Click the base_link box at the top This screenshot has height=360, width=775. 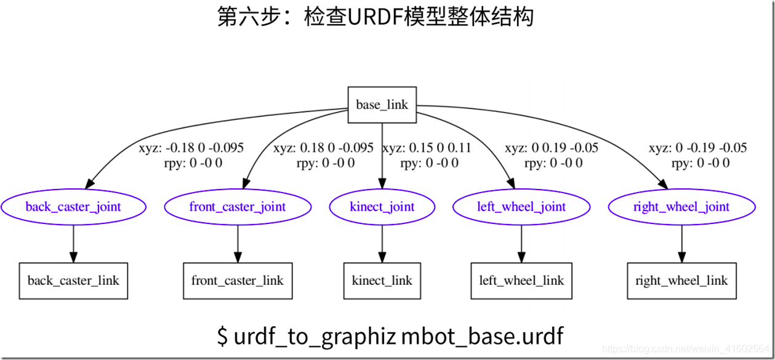(382, 105)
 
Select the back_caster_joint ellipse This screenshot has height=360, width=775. (73, 207)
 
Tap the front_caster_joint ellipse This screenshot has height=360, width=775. (238, 207)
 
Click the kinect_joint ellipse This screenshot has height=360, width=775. (382, 207)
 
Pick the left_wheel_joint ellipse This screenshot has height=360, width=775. (521, 207)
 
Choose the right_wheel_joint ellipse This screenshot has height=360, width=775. (681, 207)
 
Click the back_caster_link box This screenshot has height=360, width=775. (73, 281)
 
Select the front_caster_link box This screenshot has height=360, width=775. (238, 281)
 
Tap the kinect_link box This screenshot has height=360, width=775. (382, 281)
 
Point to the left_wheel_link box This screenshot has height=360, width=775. (521, 281)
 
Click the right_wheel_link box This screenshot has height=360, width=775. (681, 281)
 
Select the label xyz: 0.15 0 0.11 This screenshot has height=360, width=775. (427, 148)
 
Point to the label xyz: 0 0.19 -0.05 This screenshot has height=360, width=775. (552, 148)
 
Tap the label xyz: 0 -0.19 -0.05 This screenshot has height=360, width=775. (697, 148)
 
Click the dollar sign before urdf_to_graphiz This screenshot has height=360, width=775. (223, 336)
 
